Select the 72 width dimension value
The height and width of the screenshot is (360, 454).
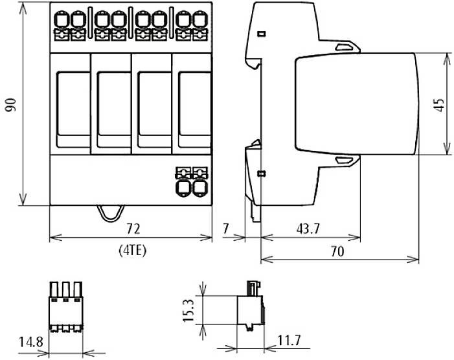coord(133,228)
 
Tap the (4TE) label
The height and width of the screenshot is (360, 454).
coord(133,250)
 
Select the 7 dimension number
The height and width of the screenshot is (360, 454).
coord(225,228)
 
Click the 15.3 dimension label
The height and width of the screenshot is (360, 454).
coord(188,311)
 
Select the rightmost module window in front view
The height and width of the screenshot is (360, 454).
coord(192,109)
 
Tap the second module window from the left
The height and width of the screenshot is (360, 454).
coord(111,109)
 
